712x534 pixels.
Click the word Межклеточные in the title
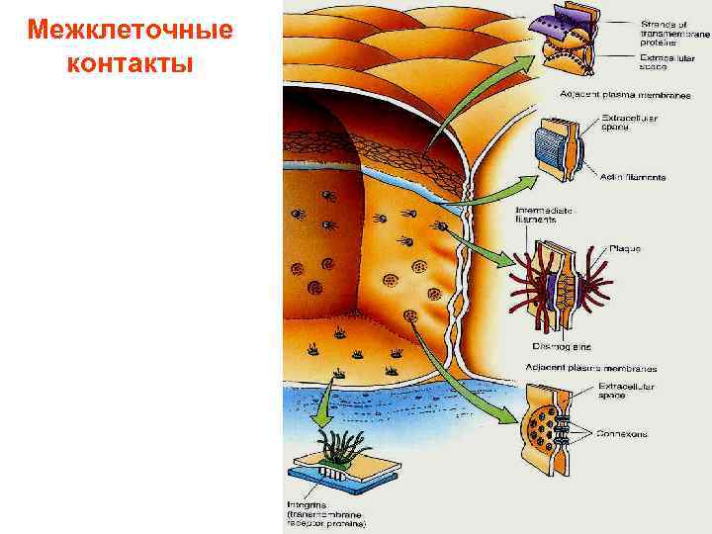coord(131,30)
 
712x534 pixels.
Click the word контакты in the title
coord(131,63)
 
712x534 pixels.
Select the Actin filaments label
coord(633,178)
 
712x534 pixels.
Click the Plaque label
coord(625,248)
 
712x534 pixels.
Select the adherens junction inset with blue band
coord(560,151)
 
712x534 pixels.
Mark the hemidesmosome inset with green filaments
coord(338,465)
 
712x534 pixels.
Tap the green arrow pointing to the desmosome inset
coord(480,247)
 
